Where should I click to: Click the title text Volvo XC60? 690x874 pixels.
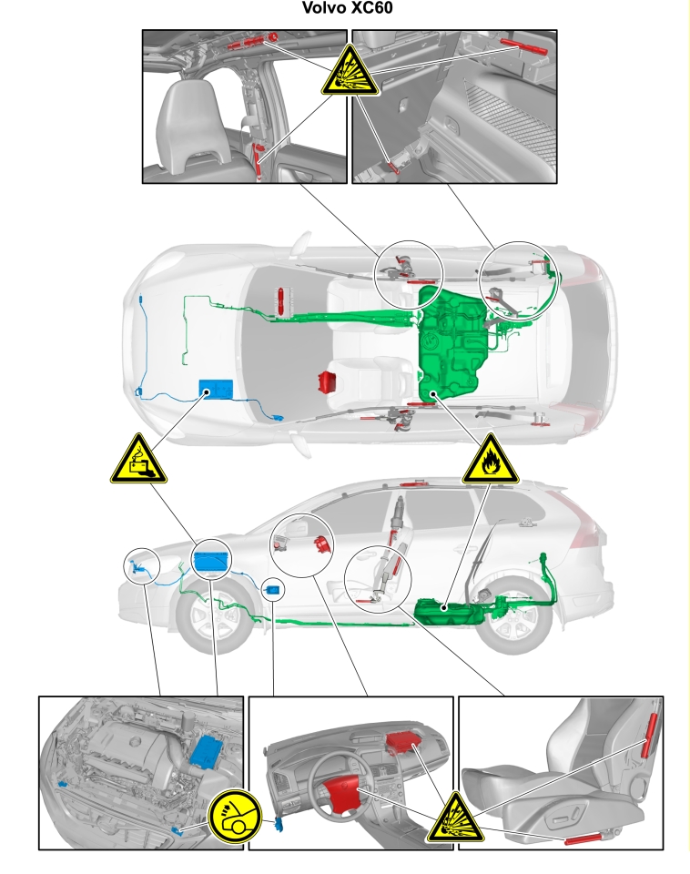tap(347, 8)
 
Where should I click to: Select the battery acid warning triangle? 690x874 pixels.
tap(138, 461)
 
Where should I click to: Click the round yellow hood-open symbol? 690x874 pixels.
tap(235, 817)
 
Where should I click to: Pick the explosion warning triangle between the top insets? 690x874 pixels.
tap(350, 72)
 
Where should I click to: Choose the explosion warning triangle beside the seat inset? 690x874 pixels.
tap(456, 818)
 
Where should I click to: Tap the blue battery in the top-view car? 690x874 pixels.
tap(216, 389)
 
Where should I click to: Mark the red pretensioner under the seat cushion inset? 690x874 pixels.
tap(584, 838)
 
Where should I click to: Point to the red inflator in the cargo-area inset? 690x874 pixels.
tap(524, 46)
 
